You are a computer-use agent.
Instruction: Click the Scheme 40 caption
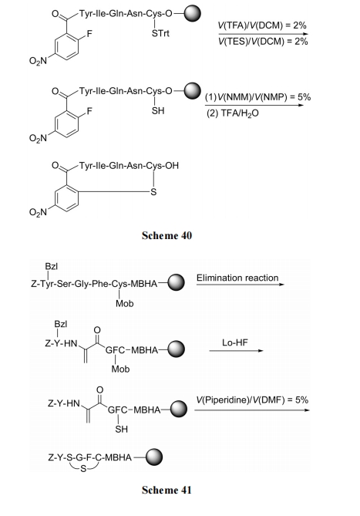[x=167, y=235]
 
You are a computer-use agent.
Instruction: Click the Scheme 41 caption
[x=167, y=490]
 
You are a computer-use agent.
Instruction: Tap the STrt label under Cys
[x=160, y=34]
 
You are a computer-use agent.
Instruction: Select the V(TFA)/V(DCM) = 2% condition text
[x=262, y=25]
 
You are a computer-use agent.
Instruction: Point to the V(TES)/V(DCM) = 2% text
[x=263, y=42]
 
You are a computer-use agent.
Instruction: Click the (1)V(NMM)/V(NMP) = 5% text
[x=257, y=97]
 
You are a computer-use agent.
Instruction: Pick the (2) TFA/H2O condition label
[x=233, y=113]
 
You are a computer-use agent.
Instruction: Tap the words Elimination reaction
[x=237, y=278]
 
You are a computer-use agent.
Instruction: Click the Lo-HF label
[x=235, y=342]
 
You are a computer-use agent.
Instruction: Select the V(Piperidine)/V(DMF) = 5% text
[x=252, y=400]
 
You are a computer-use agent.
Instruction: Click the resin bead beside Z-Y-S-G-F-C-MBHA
[x=154, y=457]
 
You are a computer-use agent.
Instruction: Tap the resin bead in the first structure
[x=192, y=13]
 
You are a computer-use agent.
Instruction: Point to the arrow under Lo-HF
[x=236, y=351]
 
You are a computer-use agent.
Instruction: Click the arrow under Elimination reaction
[x=240, y=285]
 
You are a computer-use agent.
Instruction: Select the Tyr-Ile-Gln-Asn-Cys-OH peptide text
[x=129, y=166]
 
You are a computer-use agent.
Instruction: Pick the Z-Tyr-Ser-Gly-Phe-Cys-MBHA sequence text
[x=94, y=284]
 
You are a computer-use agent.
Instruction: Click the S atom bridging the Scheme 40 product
[x=153, y=192]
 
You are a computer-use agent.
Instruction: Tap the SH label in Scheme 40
[x=158, y=111]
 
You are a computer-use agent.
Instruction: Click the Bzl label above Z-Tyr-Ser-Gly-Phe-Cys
[x=52, y=266]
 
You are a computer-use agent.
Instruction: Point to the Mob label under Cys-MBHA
[x=124, y=303]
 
